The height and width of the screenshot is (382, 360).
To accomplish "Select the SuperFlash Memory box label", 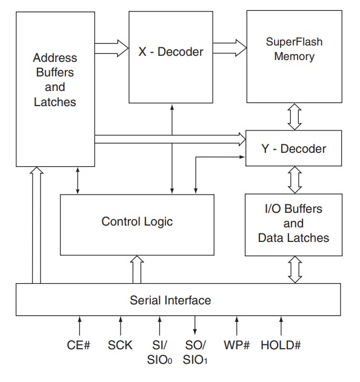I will (294, 50).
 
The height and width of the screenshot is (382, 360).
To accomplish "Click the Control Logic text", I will (137, 221).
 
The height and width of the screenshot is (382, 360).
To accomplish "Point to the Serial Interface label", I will (170, 300).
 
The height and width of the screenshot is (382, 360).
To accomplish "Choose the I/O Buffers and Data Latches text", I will (294, 223).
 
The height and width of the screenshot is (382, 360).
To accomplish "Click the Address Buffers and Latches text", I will (55, 80).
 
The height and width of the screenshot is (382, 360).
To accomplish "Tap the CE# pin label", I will (78, 346).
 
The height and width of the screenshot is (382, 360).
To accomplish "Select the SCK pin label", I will (120, 346).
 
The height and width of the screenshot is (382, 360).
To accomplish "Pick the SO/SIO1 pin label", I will (195, 351).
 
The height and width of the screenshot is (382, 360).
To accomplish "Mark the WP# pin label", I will (236, 346).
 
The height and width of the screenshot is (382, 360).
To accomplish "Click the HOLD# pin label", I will (281, 346).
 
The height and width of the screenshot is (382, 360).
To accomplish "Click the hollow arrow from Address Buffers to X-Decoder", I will (112, 46).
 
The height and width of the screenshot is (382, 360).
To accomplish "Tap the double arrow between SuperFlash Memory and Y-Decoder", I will (295, 117).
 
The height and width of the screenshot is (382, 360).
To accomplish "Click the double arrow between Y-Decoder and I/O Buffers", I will (295, 179).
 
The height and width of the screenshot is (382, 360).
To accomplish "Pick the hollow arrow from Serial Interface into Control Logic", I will (137, 269).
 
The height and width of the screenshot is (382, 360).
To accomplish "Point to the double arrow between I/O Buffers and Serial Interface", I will (295, 269).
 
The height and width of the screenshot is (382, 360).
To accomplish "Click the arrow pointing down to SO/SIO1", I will (195, 325).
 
